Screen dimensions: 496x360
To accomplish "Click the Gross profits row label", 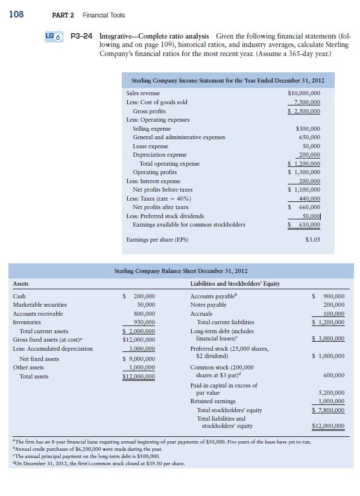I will [149, 111].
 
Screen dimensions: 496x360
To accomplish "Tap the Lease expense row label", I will [150, 146].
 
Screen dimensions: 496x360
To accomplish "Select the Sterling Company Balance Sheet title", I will [180, 271].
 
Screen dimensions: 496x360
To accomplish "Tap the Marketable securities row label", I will [40, 305].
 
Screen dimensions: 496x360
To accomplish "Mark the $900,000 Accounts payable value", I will [329, 297].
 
